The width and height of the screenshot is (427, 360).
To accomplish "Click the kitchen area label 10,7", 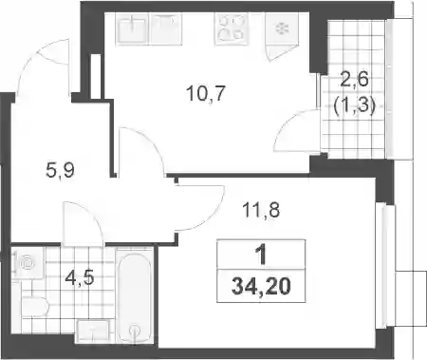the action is (x=206, y=93).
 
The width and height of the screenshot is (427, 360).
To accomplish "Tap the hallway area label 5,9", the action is (x=60, y=171).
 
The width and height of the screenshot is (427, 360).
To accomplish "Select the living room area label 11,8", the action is (x=261, y=210).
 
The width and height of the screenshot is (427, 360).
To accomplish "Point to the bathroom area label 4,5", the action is (x=80, y=277).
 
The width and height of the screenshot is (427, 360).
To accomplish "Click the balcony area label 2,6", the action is (x=354, y=79).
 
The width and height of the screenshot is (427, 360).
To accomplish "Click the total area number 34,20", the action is (x=261, y=287).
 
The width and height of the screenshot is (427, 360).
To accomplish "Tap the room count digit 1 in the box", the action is (x=261, y=256).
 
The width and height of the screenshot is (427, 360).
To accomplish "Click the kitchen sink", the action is (x=133, y=29).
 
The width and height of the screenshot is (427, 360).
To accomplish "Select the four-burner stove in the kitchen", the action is (x=232, y=29).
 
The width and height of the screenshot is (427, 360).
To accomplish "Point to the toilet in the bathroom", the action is (x=34, y=307).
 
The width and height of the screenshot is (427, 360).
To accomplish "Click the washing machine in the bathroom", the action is (x=28, y=263).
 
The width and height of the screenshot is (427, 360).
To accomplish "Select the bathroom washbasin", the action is (x=93, y=331).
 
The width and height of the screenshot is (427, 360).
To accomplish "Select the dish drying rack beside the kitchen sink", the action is (x=166, y=29).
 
